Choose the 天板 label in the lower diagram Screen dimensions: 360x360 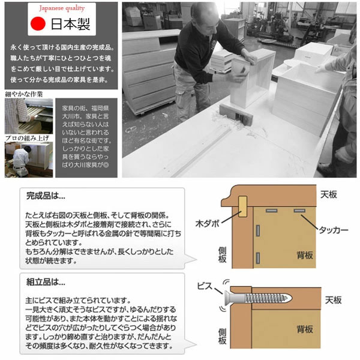pyautogui.click(x=334, y=299)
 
